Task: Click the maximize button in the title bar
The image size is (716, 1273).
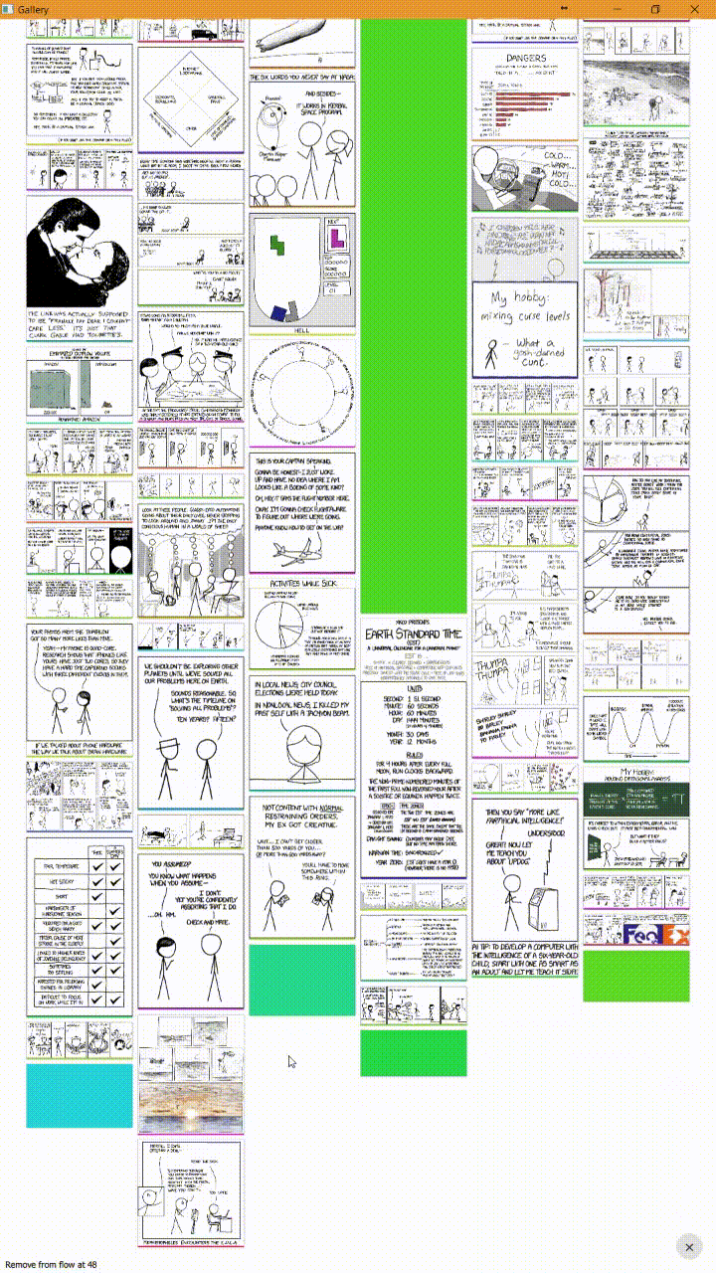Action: click(655, 8)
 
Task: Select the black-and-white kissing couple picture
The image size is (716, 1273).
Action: click(79, 253)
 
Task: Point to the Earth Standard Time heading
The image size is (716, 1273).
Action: click(413, 634)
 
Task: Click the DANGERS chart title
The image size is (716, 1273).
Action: click(525, 59)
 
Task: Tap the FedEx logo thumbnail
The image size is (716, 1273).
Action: click(656, 936)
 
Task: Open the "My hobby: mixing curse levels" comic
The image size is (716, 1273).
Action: click(524, 328)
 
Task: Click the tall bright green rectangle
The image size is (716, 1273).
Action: click(413, 308)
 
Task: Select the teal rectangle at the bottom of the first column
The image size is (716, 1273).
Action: click(79, 1095)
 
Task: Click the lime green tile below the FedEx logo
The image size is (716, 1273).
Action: click(635, 976)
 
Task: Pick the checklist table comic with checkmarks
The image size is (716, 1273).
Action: click(79, 925)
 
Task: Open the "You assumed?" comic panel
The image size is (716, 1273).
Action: click(190, 929)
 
